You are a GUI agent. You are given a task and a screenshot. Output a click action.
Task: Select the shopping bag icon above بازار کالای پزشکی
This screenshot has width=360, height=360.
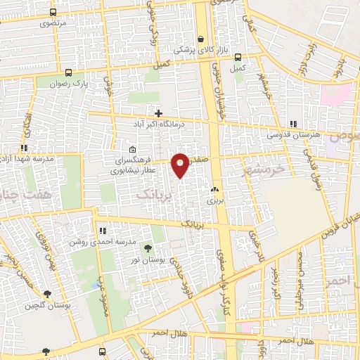(x=202, y=39)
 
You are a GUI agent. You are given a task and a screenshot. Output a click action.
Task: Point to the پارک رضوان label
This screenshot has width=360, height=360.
(x=68, y=83)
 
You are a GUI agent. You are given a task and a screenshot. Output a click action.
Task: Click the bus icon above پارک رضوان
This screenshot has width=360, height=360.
(x=68, y=72)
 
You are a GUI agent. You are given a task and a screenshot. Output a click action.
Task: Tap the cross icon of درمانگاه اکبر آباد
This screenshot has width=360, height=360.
(x=159, y=113)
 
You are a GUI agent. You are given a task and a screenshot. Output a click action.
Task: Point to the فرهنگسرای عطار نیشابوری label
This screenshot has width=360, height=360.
(x=134, y=165)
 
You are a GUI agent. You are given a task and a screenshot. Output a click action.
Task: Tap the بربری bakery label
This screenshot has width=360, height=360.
(x=214, y=200)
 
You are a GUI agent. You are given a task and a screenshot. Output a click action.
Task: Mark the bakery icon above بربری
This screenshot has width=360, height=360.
(x=214, y=190)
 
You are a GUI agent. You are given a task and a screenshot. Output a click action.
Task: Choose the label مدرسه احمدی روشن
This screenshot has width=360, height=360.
(x=102, y=240)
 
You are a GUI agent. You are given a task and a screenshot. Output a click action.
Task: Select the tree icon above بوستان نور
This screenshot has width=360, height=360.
(x=148, y=248)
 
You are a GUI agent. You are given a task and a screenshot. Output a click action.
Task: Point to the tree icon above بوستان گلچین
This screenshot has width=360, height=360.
(x=47, y=295)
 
